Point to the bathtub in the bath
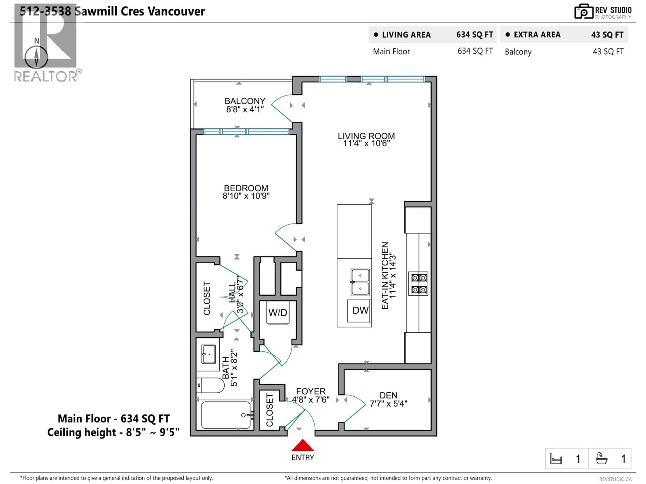coord(226,415)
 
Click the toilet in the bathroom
coord(211,385)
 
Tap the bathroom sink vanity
coord(208,354)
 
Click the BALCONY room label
coord(245,101)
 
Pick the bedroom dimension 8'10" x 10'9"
coord(246,196)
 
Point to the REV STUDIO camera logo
coord(583,12)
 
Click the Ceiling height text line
coord(113,432)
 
